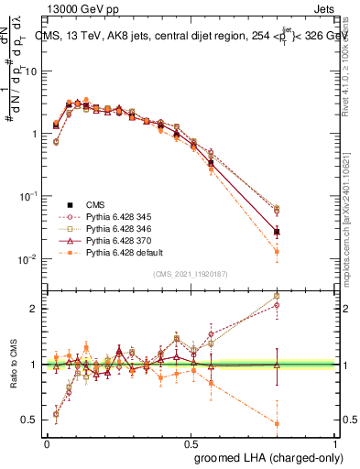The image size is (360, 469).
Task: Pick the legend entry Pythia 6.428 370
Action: click(x=108, y=240)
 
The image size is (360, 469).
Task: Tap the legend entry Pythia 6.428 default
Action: click(x=114, y=252)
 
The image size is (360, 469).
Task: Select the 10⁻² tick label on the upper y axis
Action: click(x=27, y=259)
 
